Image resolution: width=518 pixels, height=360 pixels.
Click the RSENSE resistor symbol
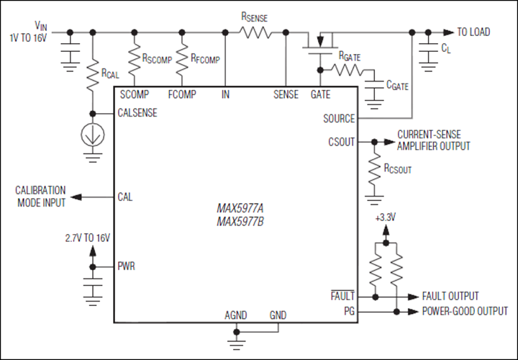[256, 32]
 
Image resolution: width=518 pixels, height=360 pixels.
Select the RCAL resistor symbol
[93, 74]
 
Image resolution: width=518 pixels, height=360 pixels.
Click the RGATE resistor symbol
[348, 70]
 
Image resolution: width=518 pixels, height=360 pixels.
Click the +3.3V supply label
[386, 217]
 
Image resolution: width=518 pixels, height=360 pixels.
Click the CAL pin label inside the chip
[125, 197]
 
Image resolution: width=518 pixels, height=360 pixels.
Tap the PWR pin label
[127, 266]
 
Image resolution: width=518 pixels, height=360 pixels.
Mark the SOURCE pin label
[337, 117]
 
